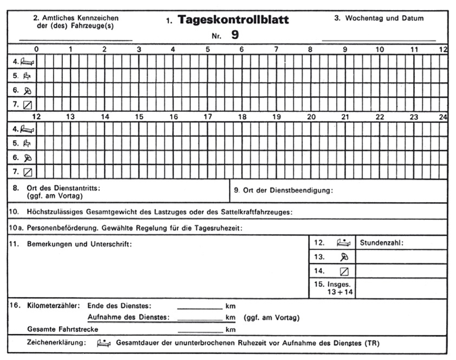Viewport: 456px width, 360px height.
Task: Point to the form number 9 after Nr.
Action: (235, 35)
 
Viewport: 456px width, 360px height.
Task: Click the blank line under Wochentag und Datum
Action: (378, 40)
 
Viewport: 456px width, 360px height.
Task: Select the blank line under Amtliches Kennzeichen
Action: (76, 40)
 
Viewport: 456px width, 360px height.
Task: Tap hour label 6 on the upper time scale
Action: (242, 49)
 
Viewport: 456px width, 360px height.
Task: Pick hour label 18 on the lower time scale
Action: (242, 117)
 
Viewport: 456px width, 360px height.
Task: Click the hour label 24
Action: (443, 117)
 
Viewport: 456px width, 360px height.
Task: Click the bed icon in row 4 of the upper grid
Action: (28, 62)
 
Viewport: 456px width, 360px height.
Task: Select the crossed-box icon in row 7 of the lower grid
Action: (28, 172)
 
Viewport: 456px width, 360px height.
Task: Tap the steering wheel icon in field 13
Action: (344, 257)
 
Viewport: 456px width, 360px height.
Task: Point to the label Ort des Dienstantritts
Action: (63, 188)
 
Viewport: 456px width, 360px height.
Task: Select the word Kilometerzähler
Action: (53, 306)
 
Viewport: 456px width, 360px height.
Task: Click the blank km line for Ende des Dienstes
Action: (199, 308)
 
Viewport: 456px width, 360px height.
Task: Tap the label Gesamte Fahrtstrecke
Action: (62, 329)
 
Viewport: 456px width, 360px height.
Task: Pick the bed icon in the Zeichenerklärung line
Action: (104, 344)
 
